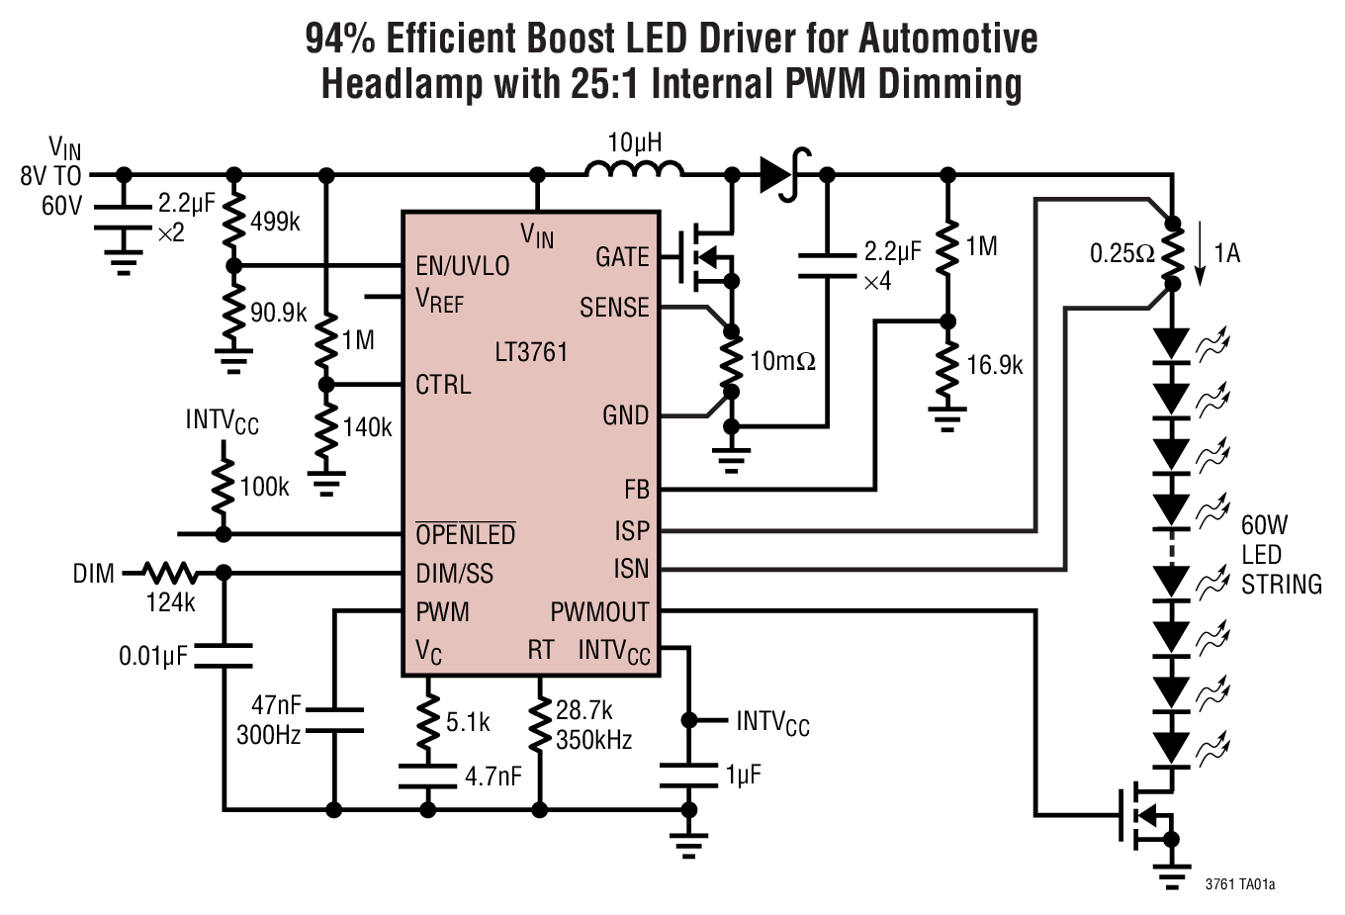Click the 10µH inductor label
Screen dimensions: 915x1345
(634, 143)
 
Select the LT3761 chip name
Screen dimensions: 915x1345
(531, 352)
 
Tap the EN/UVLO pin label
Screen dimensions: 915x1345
(462, 266)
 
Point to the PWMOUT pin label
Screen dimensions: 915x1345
(599, 612)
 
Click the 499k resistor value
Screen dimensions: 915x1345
(275, 222)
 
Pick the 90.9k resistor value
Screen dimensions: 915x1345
(278, 314)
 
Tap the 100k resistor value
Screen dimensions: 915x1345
(264, 487)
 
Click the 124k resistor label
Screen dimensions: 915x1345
(170, 601)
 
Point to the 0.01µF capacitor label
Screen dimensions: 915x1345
(153, 656)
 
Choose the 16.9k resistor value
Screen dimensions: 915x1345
(994, 366)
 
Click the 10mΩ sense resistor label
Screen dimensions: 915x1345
(782, 361)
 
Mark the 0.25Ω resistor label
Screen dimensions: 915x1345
(1121, 253)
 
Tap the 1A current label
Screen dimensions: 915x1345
(1226, 253)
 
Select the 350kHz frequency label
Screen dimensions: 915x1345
(593, 739)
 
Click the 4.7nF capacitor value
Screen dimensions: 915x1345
(493, 777)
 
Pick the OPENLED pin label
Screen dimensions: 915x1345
(465, 535)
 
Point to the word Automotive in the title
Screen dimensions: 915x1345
(947, 39)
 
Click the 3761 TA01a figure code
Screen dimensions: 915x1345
(1239, 883)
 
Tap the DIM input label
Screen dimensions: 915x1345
(93, 574)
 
